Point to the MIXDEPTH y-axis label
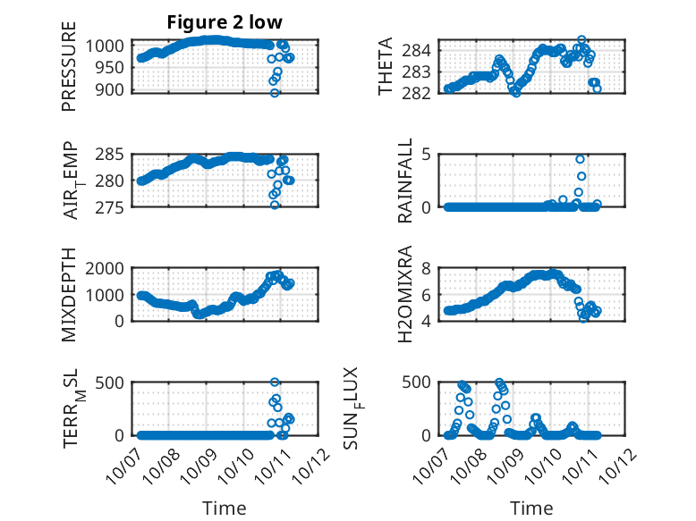(70, 295)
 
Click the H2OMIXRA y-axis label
(405, 295)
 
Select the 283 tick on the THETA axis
(421, 70)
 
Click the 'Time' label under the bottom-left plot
(225, 508)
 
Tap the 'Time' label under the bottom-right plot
(532, 508)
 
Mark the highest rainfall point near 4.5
(581, 160)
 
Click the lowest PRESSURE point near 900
(275, 93)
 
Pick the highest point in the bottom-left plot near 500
(275, 382)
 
